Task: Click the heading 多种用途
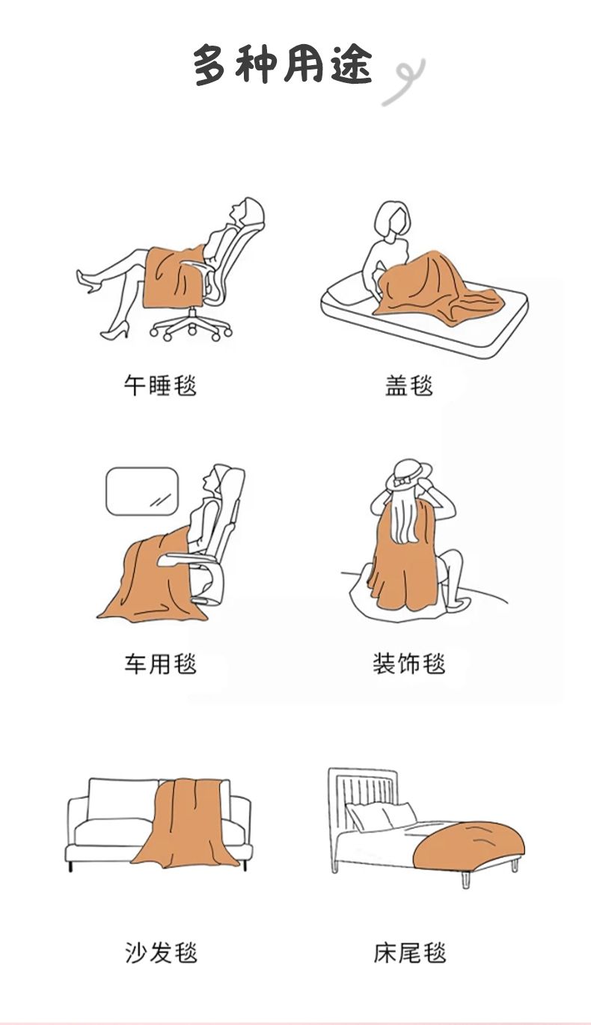pyautogui.click(x=282, y=64)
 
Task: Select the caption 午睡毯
pyautogui.click(x=160, y=385)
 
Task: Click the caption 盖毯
pyautogui.click(x=409, y=385)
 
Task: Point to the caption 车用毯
pyautogui.click(x=160, y=664)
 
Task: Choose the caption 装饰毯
pyautogui.click(x=409, y=664)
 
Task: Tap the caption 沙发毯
pyautogui.click(x=161, y=952)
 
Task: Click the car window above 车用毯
pyautogui.click(x=142, y=492)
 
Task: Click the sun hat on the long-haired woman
pyautogui.click(x=408, y=474)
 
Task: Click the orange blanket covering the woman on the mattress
pyautogui.click(x=437, y=287)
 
